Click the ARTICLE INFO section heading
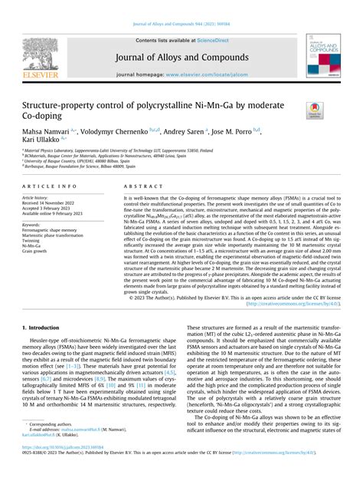pyautogui.click(x=49, y=186)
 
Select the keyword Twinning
pyautogui.click(x=34, y=239)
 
